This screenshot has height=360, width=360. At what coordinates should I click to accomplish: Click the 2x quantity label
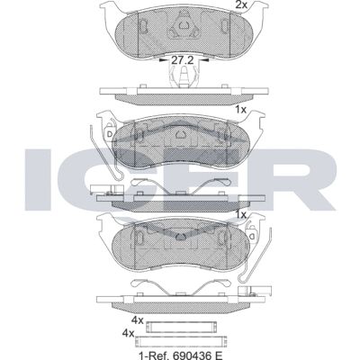[x=241, y=4]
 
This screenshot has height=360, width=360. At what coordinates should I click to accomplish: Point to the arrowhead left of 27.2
[x=163, y=60]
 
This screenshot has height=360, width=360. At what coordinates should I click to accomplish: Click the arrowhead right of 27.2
[x=203, y=60]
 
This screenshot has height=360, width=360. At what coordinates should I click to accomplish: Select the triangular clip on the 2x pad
[x=184, y=26]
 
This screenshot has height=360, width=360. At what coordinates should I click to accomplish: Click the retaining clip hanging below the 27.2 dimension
[x=184, y=76]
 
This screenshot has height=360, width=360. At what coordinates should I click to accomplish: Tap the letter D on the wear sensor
[x=110, y=135]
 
